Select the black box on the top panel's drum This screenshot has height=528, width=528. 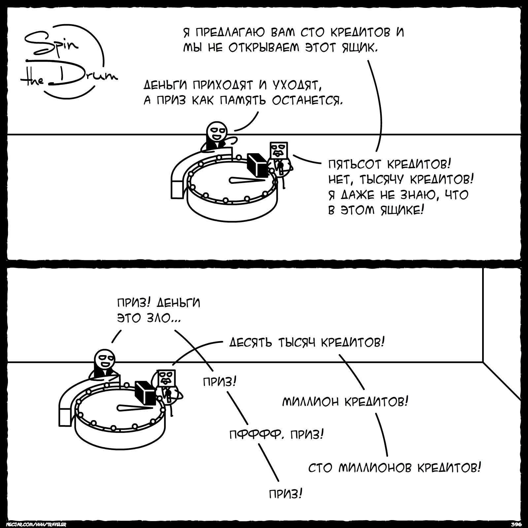pyautogui.click(x=257, y=164)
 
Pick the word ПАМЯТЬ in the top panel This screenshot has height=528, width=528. pyautogui.click(x=243, y=100)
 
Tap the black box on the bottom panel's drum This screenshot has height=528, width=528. pyautogui.click(x=145, y=392)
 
